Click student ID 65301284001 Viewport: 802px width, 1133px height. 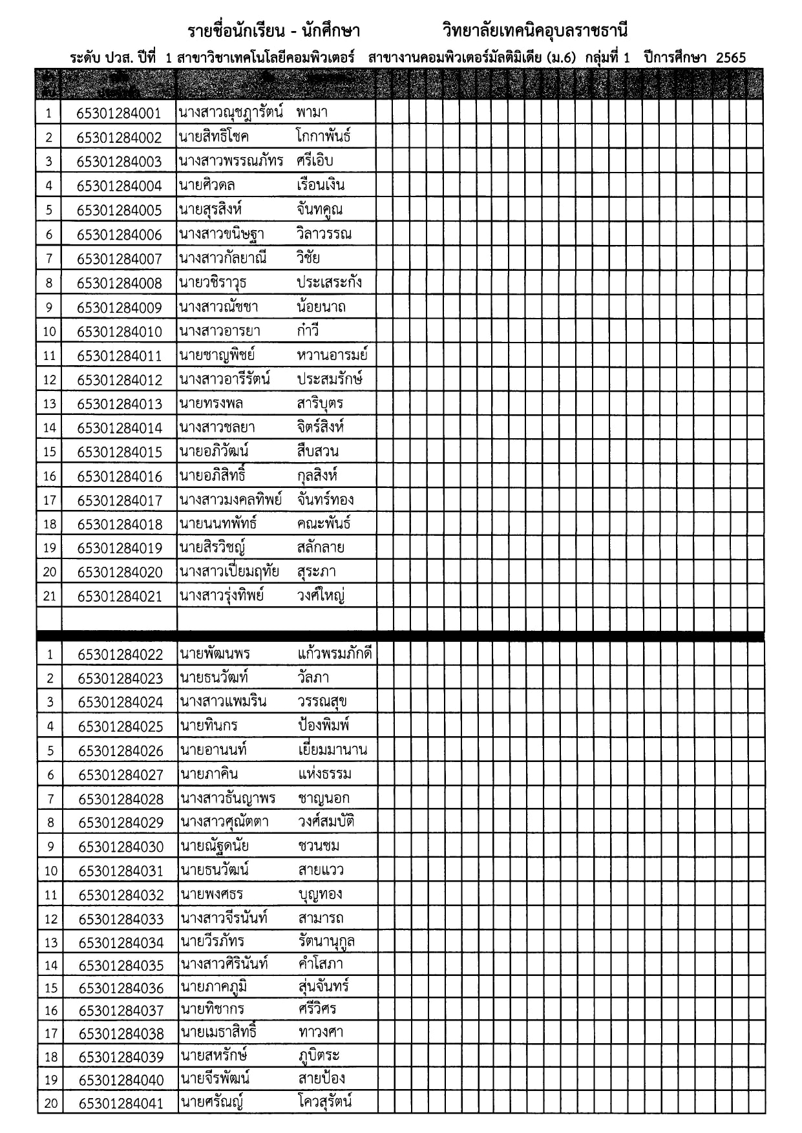119,114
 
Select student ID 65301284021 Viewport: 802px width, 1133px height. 120,596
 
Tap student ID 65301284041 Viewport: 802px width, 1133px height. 121,1103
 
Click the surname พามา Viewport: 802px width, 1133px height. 312,112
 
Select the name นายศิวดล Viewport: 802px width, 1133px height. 207,185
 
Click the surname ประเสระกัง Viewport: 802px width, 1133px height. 329,282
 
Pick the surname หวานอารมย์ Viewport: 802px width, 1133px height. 332,355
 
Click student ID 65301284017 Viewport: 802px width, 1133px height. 120,500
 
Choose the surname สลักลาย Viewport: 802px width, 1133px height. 321,547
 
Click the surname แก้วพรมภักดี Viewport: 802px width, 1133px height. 335,653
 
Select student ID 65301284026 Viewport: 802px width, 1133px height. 121,751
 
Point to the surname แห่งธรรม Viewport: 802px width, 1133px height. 325,774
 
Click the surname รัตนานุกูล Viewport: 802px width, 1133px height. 327,941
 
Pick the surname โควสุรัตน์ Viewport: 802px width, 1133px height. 326,1102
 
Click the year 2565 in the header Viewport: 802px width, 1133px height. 731,58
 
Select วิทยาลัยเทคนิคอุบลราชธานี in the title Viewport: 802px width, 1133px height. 535,30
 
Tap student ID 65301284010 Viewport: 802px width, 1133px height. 120,332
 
